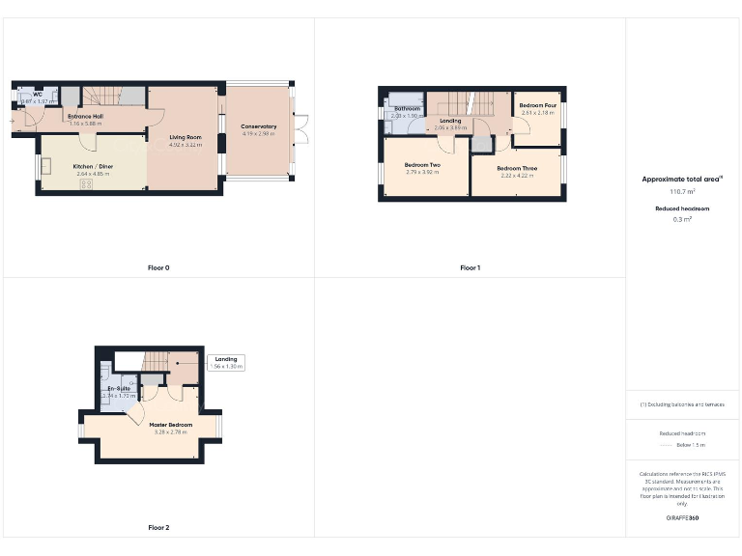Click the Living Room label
[x=185, y=138]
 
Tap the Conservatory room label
[x=259, y=126]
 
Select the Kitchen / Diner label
[x=94, y=167]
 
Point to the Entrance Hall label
[x=85, y=116]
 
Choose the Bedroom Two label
[x=422, y=165]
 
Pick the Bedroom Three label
[x=518, y=168]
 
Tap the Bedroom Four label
[x=537, y=105]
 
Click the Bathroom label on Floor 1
[x=407, y=108]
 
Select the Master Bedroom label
[x=170, y=425]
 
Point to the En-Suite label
[x=119, y=389]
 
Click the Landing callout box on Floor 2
[x=225, y=363]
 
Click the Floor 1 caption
[x=470, y=267]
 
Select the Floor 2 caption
[x=158, y=528]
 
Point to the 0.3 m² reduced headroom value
[x=683, y=219]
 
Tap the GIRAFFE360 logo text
[x=682, y=518]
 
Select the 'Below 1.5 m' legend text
[x=691, y=445]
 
